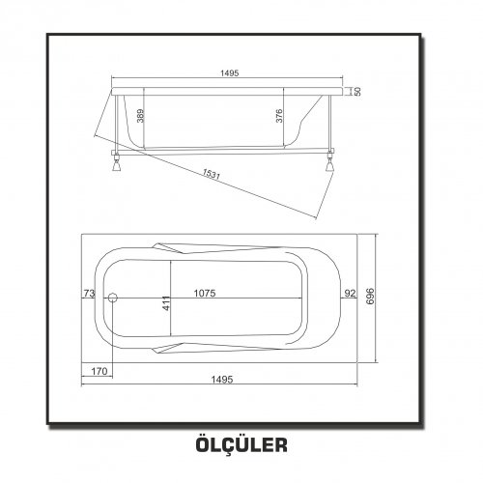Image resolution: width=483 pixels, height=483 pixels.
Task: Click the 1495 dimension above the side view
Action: click(x=230, y=73)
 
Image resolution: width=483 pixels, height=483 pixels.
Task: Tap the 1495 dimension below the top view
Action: click(x=222, y=380)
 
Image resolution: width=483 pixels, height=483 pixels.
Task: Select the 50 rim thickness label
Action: click(x=357, y=92)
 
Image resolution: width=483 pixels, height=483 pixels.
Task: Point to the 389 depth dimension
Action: click(x=140, y=116)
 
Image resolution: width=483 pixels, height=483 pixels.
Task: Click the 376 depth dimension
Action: click(x=279, y=116)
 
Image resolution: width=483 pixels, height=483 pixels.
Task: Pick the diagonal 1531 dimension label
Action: click(x=212, y=174)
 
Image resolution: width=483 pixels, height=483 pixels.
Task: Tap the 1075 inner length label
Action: click(x=205, y=294)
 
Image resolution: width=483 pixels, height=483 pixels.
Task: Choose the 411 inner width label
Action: click(x=166, y=303)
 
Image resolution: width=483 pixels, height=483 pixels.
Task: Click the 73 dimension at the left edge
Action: click(x=89, y=294)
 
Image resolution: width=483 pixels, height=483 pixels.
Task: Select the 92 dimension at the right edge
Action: click(x=350, y=294)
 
